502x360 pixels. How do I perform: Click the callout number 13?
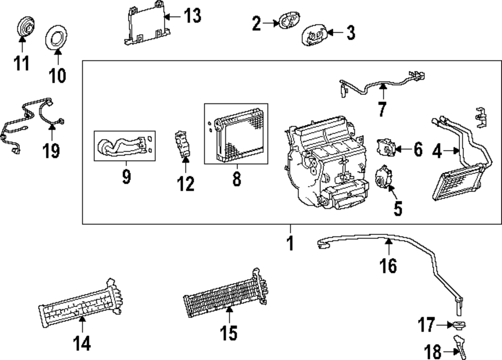(x=191, y=16)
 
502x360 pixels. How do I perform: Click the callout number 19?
(x=51, y=150)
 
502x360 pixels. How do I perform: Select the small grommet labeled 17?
(x=459, y=325)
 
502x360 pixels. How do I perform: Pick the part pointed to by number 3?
(x=313, y=36)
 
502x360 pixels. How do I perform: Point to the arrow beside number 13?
(x=170, y=17)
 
